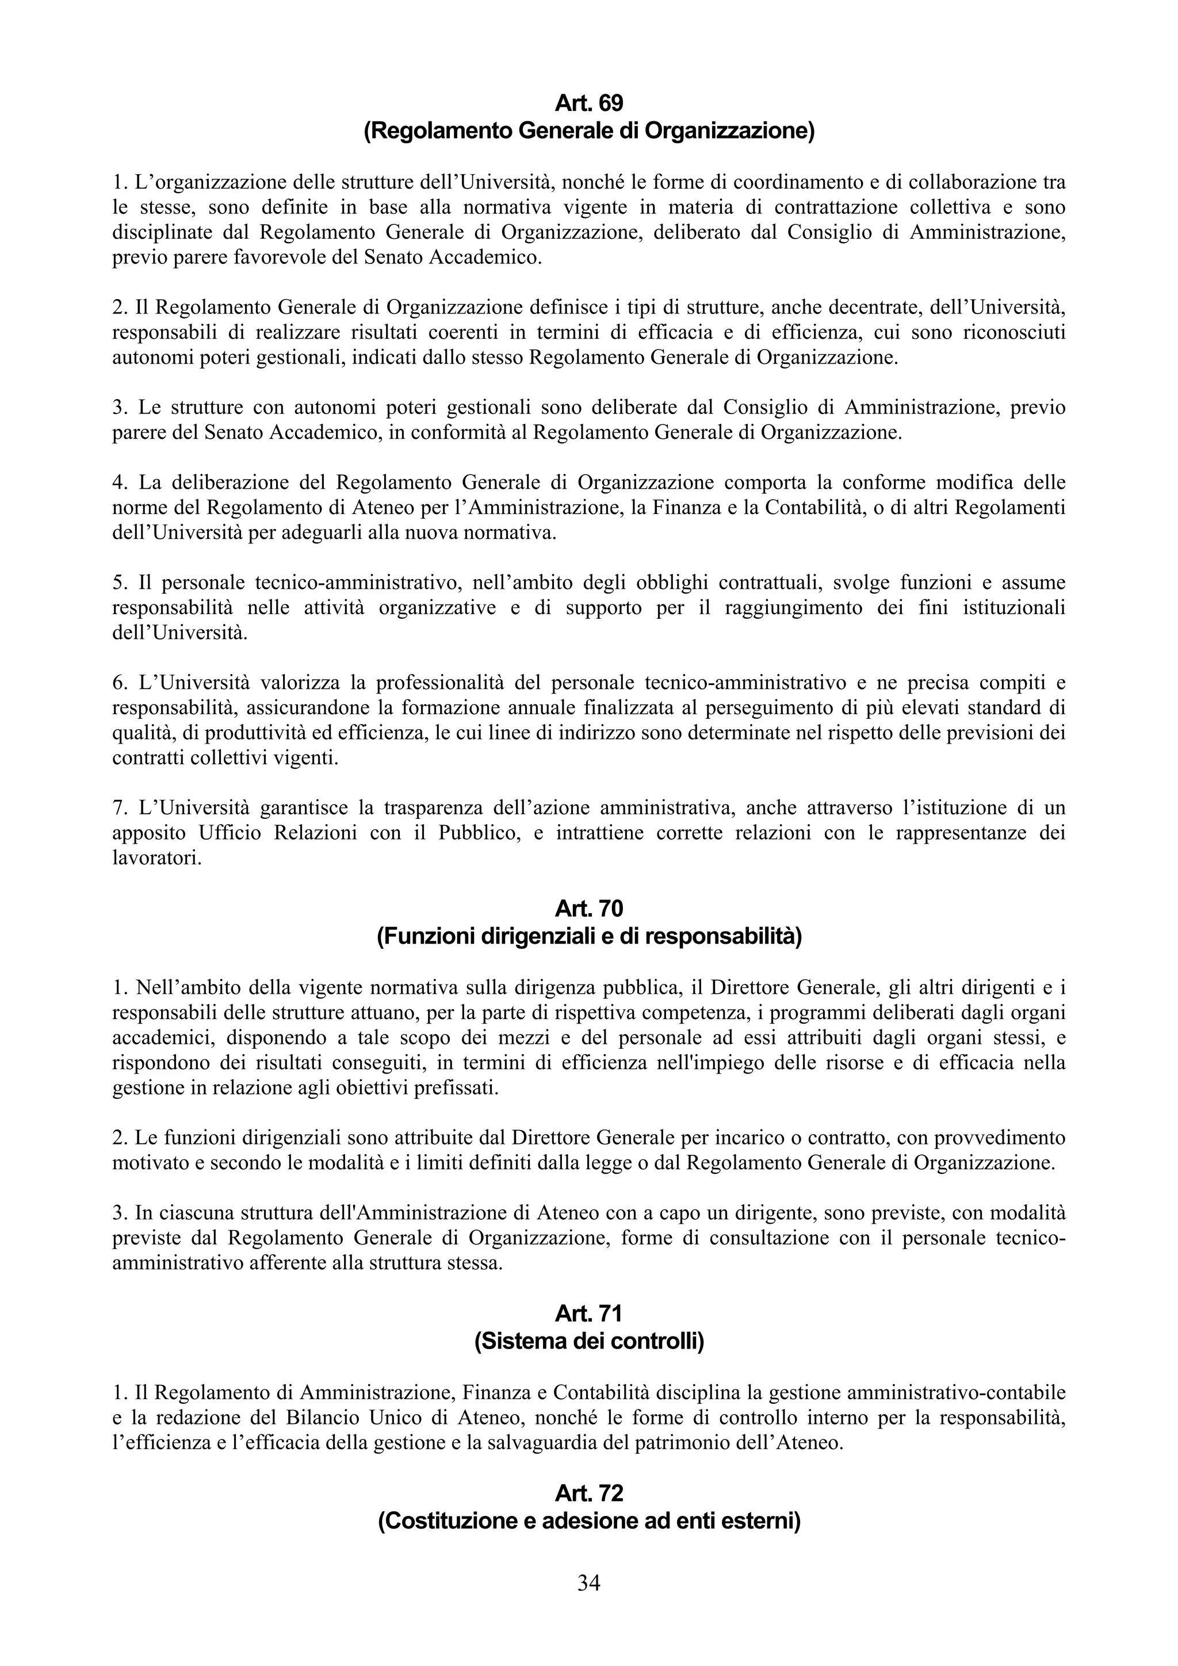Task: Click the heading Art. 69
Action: (588, 104)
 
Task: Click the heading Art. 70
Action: (588, 909)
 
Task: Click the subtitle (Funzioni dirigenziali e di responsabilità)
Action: (588, 937)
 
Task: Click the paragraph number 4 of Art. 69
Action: (118, 482)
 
